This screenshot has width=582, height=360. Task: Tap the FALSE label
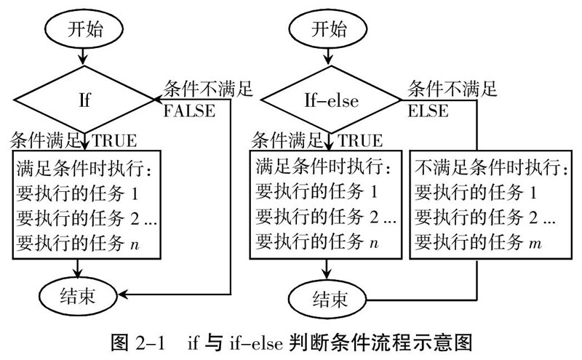point(189,111)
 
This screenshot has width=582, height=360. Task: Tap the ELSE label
point(428,111)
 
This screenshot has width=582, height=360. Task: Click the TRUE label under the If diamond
point(115,138)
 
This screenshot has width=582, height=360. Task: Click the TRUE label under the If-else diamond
point(360,138)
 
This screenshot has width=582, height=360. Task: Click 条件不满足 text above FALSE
point(208,89)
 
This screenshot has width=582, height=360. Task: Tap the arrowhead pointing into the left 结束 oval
point(126,294)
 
